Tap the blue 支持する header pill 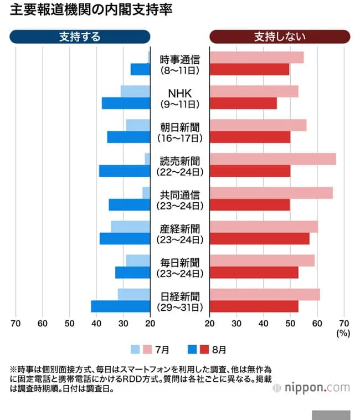(x=80, y=37)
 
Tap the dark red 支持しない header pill (x=280, y=37)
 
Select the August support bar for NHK (x=126, y=103)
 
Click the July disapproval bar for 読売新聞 (x=273, y=159)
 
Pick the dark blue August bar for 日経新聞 (x=120, y=306)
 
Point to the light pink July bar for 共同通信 (x=271, y=193)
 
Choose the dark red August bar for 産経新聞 (x=260, y=239)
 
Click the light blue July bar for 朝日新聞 (x=138, y=125)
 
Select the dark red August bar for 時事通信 (x=250, y=69)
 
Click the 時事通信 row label (x=180, y=59)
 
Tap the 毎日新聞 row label (x=180, y=262)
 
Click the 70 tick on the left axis (x=16, y=324)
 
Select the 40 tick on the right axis (x=263, y=324)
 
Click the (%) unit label (x=343, y=334)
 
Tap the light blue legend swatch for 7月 (x=135, y=350)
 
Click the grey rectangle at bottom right (x=331, y=414)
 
